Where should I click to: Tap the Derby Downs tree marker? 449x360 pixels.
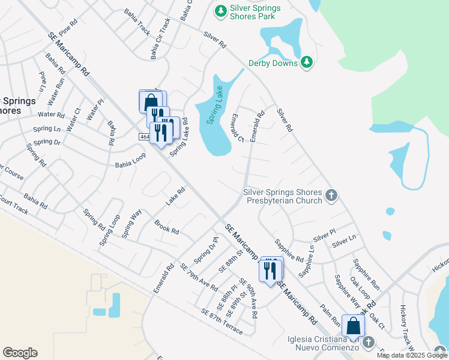pyautogui.click(x=307, y=62)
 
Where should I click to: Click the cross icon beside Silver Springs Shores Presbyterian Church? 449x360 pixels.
pyautogui.click(x=331, y=194)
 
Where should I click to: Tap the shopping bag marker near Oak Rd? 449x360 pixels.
pyautogui.click(x=354, y=326)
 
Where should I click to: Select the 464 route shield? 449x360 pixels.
pyautogui.click(x=144, y=137)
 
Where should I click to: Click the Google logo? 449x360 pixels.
pyautogui.click(x=20, y=353)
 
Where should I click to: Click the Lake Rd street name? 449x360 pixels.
pyautogui.click(x=175, y=196)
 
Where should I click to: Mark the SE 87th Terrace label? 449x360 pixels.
pyautogui.click(x=222, y=322)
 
